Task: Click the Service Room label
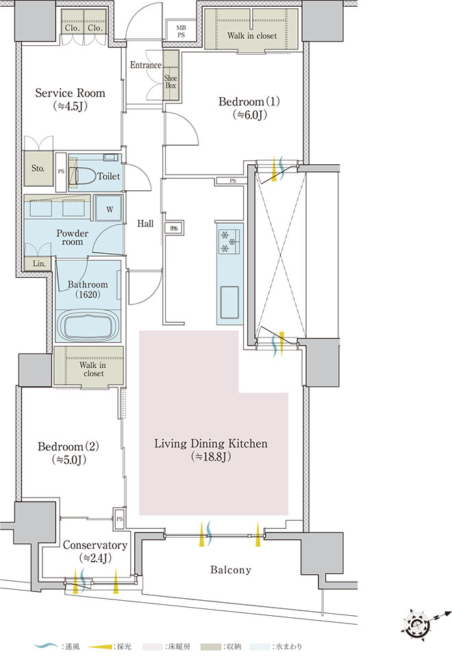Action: pos(71,99)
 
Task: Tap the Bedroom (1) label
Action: pos(249,107)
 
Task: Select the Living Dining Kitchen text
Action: pos(211,450)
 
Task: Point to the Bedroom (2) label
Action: pos(68,452)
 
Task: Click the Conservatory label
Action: pos(95,551)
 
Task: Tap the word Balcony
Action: pos(231,570)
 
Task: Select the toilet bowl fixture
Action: pos(82,176)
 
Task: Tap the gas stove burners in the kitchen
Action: pos(228,242)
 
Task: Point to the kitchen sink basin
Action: pos(228,302)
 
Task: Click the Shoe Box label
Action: pos(171,81)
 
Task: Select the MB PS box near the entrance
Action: pos(181,31)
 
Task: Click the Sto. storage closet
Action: pos(38,168)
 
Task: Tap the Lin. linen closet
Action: pos(39,263)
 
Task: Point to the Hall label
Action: pos(145,224)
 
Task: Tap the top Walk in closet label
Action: pos(252,36)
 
